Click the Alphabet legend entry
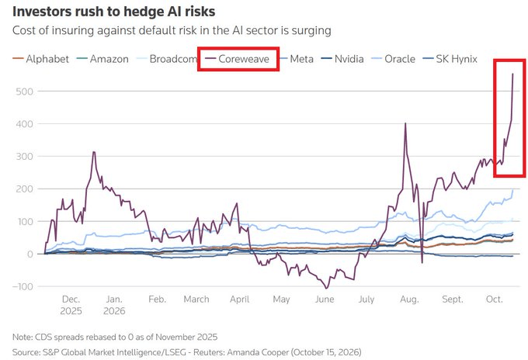(40, 59)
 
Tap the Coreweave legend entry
(238, 59)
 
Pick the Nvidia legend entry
(342, 59)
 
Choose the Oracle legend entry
(393, 59)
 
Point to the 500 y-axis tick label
(25, 92)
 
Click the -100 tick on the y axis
(23, 286)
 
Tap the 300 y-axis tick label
(25, 157)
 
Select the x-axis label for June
(325, 299)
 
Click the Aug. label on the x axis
(409, 299)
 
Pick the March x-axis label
(196, 299)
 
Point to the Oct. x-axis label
(495, 299)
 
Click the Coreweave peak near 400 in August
(405, 123)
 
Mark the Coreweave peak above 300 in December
(94, 152)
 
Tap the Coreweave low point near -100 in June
(326, 289)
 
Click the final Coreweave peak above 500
(512, 74)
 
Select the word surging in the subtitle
(311, 30)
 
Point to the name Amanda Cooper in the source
(258, 352)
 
